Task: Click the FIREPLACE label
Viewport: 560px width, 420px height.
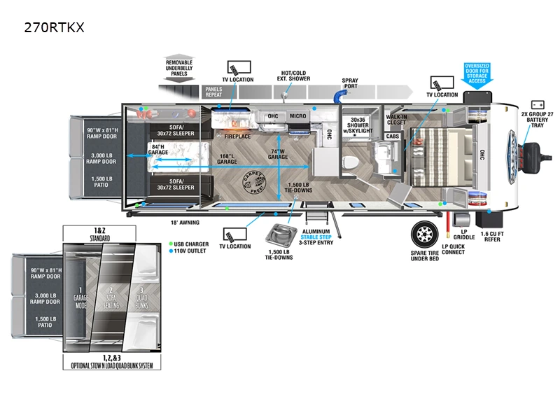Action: (237, 136)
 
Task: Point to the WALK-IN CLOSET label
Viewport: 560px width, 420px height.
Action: (397, 120)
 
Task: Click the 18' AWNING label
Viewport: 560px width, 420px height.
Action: (185, 223)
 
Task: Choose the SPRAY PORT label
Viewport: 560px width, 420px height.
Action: (350, 84)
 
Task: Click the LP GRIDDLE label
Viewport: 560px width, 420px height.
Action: (464, 234)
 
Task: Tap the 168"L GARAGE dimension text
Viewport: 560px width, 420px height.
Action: (227, 159)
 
